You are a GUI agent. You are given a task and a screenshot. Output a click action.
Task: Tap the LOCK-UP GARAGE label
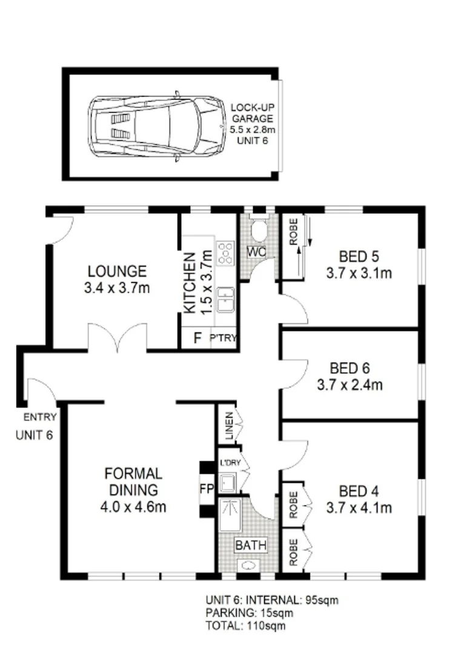pyautogui.click(x=251, y=119)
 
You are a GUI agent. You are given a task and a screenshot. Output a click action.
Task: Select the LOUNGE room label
pyautogui.click(x=116, y=271)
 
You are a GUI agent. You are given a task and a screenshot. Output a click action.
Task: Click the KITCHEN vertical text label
pyautogui.click(x=190, y=283)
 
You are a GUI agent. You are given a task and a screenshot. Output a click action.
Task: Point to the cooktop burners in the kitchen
pyautogui.click(x=225, y=253)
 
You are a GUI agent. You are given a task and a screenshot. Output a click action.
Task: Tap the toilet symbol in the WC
pyautogui.click(x=259, y=230)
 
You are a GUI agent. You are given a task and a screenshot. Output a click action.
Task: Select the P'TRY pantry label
pyautogui.click(x=222, y=338)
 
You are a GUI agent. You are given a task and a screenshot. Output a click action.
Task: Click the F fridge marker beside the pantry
pyautogui.click(x=196, y=338)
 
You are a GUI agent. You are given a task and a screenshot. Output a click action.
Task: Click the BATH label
pyautogui.click(x=251, y=545)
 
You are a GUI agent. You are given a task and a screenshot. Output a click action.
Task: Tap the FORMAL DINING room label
pyautogui.click(x=133, y=481)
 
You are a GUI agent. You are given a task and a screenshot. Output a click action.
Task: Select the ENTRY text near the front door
pyautogui.click(x=40, y=417)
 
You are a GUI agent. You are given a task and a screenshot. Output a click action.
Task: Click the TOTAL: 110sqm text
pyautogui.click(x=245, y=626)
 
